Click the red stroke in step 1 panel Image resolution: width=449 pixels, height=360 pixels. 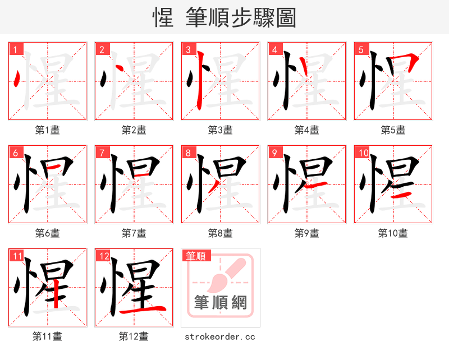[17, 79]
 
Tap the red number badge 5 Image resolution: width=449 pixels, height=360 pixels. [360, 49]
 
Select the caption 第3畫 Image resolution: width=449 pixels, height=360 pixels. [220, 130]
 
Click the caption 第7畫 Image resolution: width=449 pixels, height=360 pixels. [134, 233]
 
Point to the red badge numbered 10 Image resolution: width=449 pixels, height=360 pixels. [363, 153]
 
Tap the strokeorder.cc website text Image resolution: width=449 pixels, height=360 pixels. [220, 336]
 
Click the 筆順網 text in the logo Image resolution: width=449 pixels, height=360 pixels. [220, 303]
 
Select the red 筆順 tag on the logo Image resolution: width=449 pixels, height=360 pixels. [196, 256]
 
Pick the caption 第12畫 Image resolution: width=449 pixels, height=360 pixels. [134, 336]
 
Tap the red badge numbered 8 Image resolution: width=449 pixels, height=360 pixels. [187, 153]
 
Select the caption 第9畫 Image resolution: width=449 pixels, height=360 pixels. [306, 233]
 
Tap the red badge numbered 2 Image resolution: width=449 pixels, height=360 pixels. [101, 49]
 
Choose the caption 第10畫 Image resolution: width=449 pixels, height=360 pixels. [393, 233]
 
